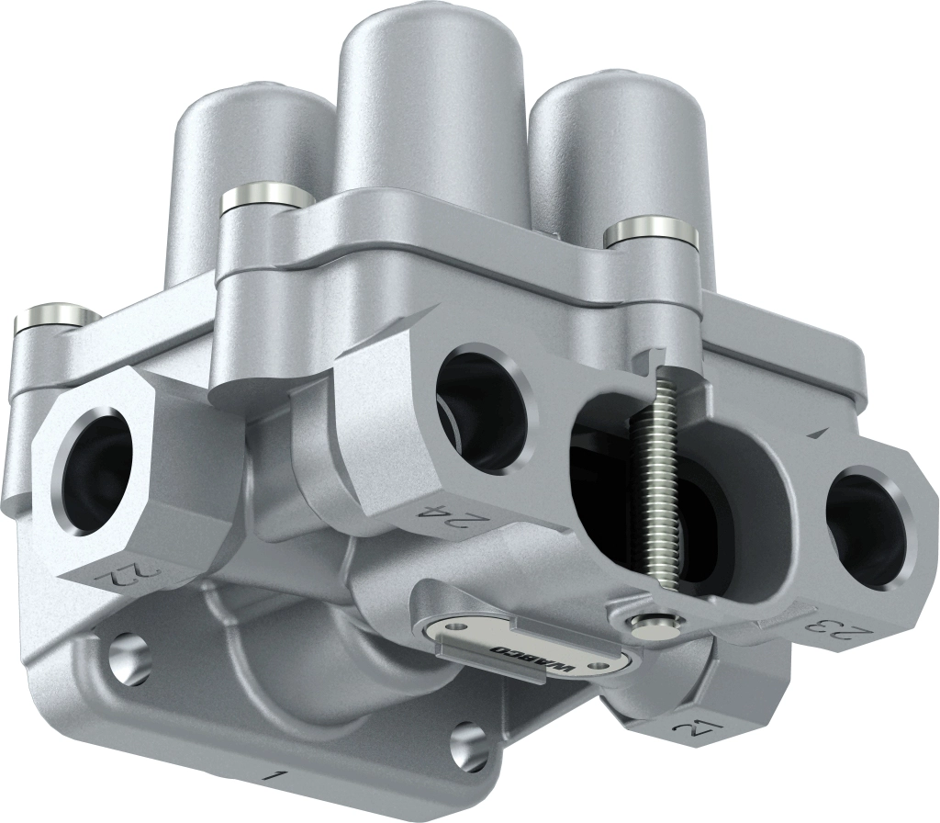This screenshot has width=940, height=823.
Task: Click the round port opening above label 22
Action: (92, 474)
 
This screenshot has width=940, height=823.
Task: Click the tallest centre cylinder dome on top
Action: (430, 101)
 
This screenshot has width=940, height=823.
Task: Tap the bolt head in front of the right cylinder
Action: (651, 231)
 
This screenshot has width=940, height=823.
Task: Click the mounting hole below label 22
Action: (129, 659)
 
